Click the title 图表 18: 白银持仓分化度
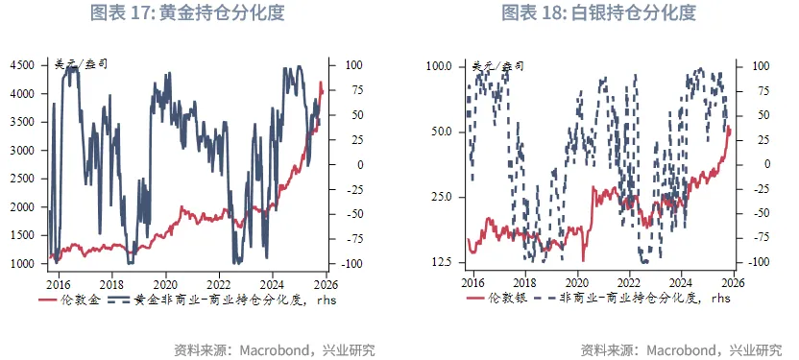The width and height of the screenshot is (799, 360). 598,13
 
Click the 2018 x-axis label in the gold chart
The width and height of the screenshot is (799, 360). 111,284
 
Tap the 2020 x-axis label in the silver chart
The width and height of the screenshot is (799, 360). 576,284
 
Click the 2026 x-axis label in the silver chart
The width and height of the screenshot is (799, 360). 733,284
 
